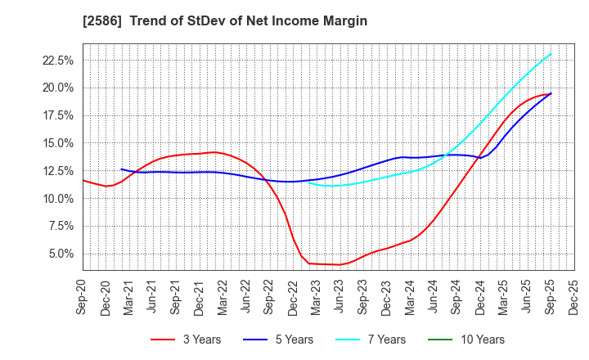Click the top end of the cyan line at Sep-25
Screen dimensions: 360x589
[x=551, y=54]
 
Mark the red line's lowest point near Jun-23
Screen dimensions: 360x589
[x=339, y=264]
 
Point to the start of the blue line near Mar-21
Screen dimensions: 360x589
[x=121, y=169]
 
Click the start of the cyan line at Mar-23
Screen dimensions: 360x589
[x=309, y=182]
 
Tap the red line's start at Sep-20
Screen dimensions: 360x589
[x=83, y=180]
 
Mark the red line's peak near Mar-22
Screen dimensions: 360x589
[x=214, y=152]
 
